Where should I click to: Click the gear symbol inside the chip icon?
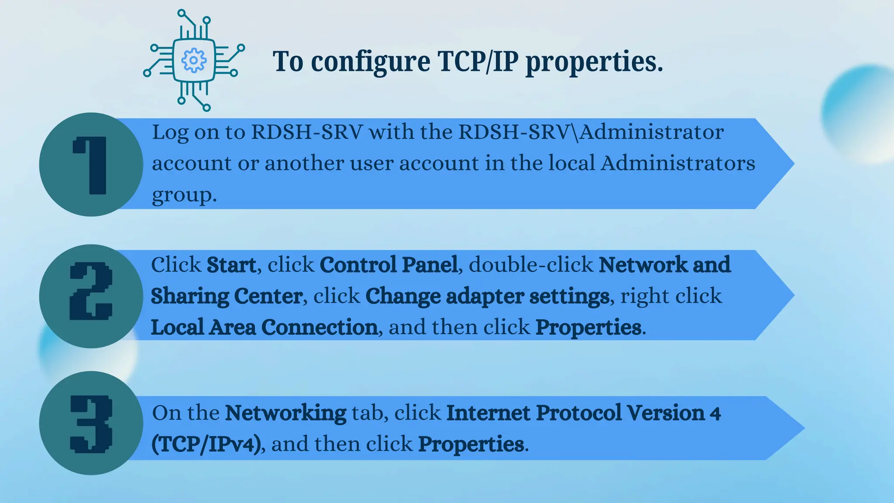click(x=193, y=60)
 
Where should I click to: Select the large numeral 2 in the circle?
click(x=91, y=292)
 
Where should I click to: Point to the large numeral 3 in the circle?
click(x=91, y=424)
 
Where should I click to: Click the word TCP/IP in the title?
click(x=478, y=61)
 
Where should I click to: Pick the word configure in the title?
click(x=370, y=62)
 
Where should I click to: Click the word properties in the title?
click(x=594, y=62)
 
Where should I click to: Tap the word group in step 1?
click(x=183, y=195)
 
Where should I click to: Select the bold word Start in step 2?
click(x=231, y=265)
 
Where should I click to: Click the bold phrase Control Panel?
click(x=389, y=265)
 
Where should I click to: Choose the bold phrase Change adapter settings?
click(x=487, y=296)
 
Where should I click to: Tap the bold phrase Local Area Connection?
click(x=264, y=327)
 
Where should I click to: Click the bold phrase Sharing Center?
click(x=227, y=296)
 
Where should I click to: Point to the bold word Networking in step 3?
click(x=285, y=413)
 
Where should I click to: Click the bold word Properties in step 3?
click(x=471, y=444)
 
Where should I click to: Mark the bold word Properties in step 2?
click(x=588, y=327)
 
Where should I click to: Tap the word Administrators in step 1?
click(x=678, y=163)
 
